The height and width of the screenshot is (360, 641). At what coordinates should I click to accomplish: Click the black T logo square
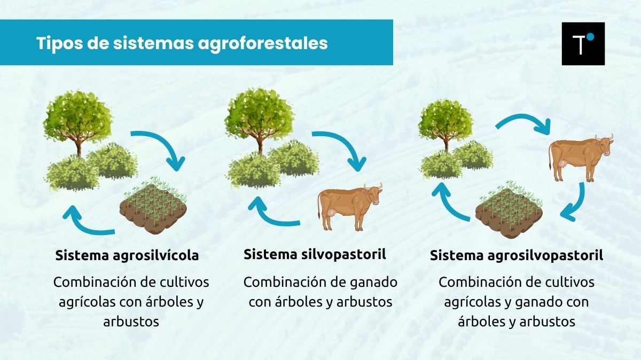pyautogui.click(x=583, y=44)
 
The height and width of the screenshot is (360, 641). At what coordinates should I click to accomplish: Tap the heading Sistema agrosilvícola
pyautogui.click(x=127, y=255)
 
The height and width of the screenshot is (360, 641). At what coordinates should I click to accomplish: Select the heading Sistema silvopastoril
pyautogui.click(x=315, y=254)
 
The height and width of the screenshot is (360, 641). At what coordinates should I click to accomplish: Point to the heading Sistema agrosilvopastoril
pyautogui.click(x=516, y=256)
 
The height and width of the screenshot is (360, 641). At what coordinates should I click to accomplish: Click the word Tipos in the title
pyautogui.click(x=56, y=43)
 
